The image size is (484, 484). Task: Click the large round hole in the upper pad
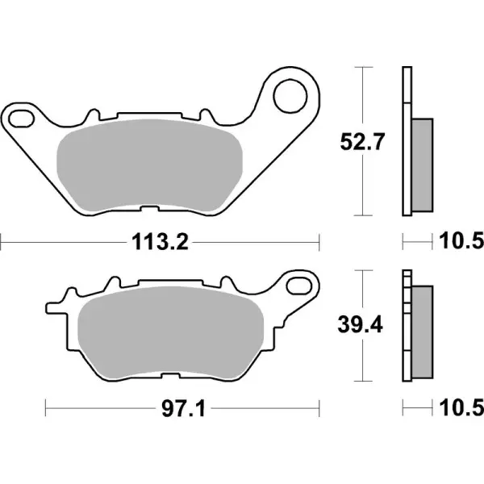click(x=287, y=96)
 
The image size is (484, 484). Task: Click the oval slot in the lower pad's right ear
click(x=301, y=286)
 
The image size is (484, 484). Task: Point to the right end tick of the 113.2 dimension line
click(x=320, y=240)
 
